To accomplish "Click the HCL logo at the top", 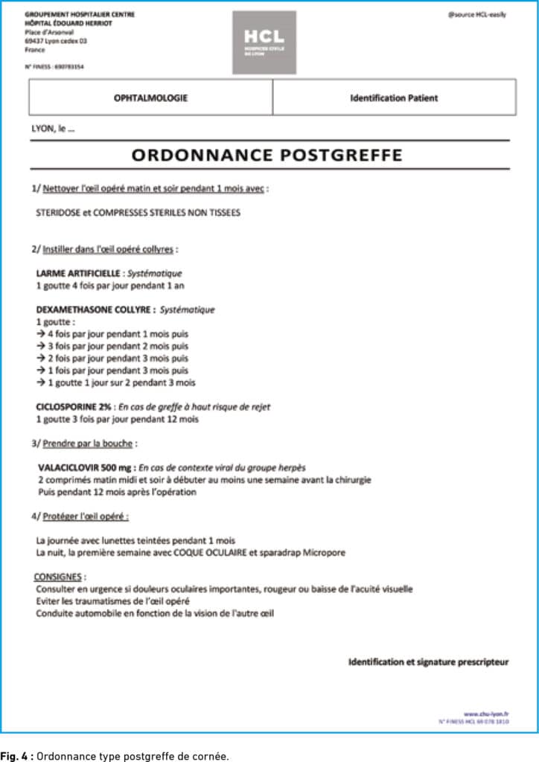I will click(x=264, y=42).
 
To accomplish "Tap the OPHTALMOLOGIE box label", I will click(x=150, y=97).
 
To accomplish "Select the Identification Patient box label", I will click(x=394, y=97).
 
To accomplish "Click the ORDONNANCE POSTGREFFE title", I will click(x=267, y=155).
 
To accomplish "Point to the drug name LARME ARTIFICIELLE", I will click(x=78, y=273).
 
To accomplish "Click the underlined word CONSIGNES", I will click(x=59, y=577).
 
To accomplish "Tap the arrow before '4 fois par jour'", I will click(x=41, y=334).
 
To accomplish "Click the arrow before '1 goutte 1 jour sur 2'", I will click(x=41, y=382).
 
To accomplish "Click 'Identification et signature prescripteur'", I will click(x=428, y=662).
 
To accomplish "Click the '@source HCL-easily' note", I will click(x=476, y=15).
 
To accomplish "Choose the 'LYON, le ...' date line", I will click(x=53, y=129).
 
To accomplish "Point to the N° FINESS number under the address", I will click(x=54, y=66).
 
